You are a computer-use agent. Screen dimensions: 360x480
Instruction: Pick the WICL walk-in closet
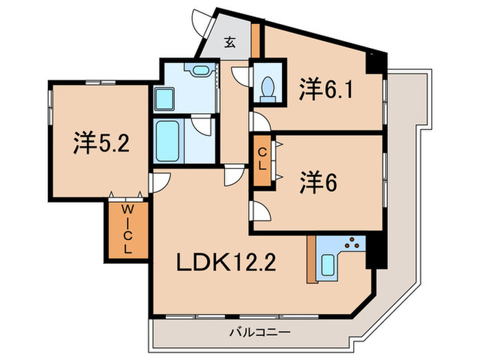(127, 230)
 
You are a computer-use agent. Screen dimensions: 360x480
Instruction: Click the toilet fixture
(268, 87)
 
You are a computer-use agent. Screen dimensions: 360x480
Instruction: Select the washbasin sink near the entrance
(200, 70)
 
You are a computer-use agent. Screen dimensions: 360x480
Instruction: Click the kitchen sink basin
(328, 263)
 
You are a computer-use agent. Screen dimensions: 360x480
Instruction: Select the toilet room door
(241, 77)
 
